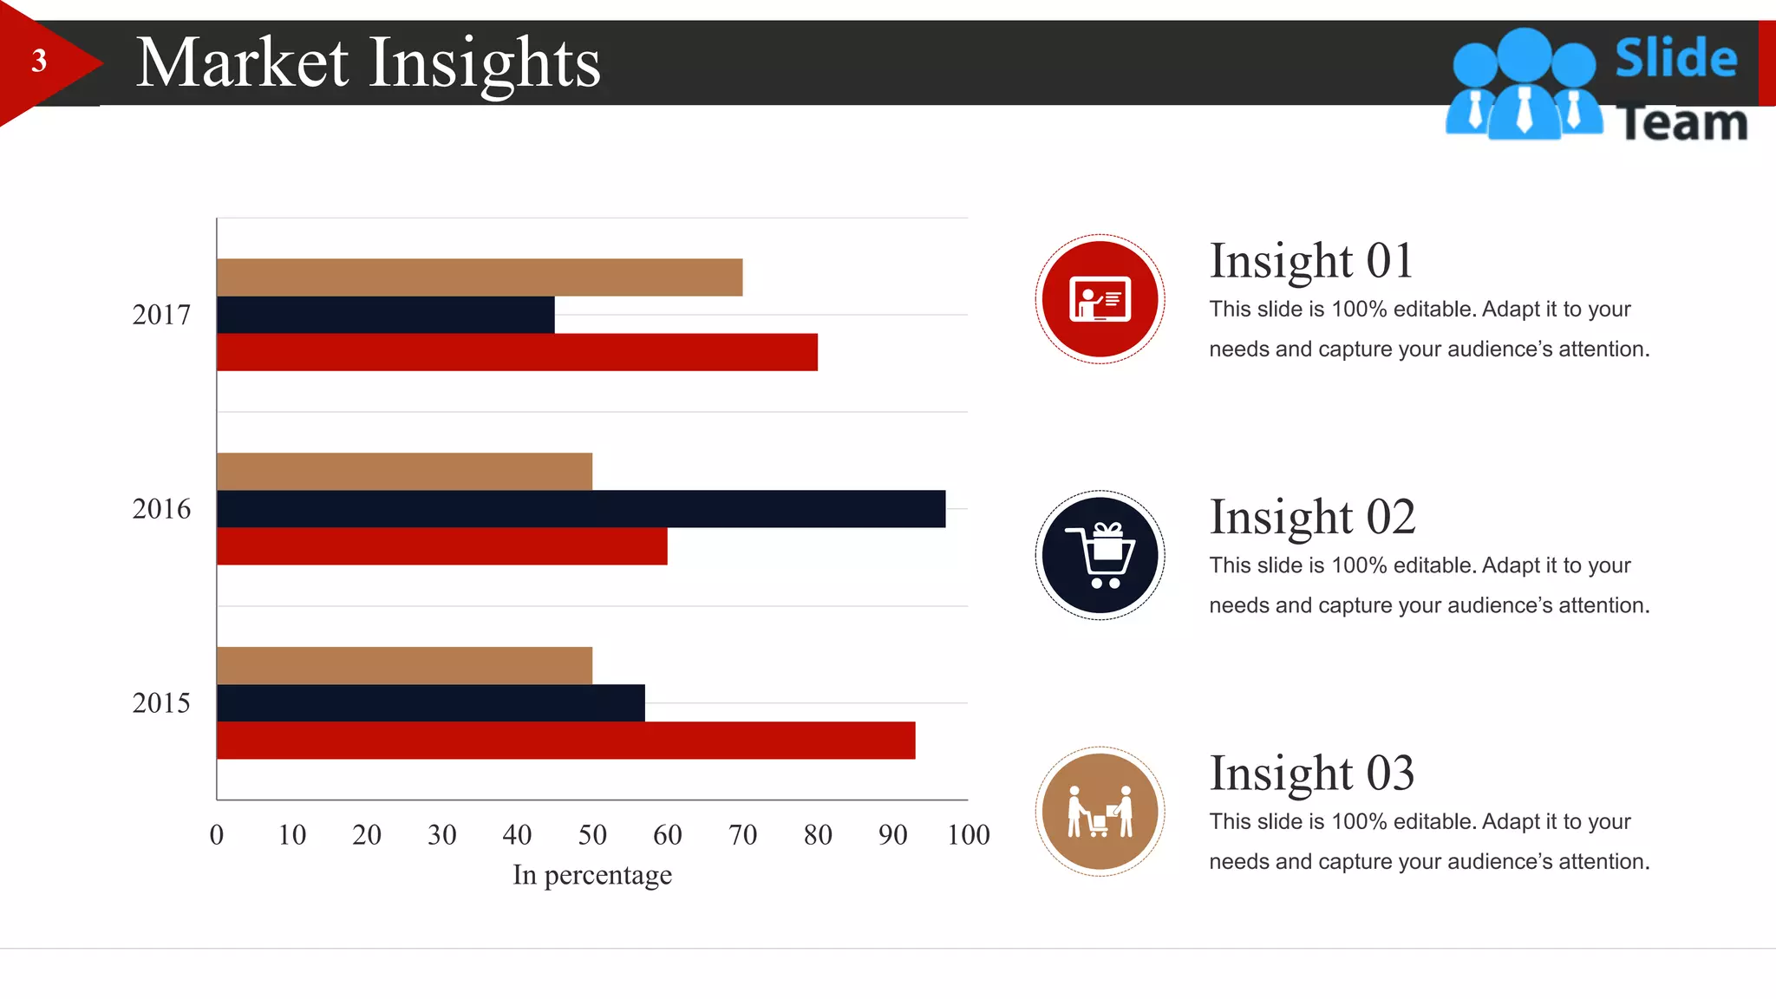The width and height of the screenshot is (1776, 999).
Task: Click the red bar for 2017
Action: (517, 352)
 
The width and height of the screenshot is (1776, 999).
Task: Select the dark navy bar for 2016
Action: (581, 509)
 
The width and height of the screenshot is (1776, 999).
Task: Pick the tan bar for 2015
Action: (404, 665)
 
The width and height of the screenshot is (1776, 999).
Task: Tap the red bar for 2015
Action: (565, 741)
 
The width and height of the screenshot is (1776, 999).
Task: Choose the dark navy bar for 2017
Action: (385, 315)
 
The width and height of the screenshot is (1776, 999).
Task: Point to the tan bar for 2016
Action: (404, 471)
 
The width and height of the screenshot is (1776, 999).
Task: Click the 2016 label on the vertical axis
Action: (161, 509)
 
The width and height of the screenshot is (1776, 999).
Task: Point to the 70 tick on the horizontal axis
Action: (742, 835)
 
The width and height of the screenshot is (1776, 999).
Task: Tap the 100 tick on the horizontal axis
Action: (968, 835)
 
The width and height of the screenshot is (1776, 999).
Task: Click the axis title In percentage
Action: (592, 875)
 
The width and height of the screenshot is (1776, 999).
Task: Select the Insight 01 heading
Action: (1311, 261)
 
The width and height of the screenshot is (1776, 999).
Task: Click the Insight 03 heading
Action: (1311, 774)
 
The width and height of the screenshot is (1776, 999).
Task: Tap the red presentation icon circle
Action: (1100, 299)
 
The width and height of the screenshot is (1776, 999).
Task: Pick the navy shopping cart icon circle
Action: (1100, 555)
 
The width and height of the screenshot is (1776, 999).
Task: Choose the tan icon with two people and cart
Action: (1100, 812)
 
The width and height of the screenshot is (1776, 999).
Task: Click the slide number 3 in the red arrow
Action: (39, 62)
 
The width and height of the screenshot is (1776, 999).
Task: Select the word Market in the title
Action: (243, 63)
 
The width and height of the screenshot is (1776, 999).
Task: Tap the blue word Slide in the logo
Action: (1675, 59)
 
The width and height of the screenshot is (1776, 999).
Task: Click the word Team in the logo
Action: (1682, 124)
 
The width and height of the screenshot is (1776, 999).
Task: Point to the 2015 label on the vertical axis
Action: (161, 703)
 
